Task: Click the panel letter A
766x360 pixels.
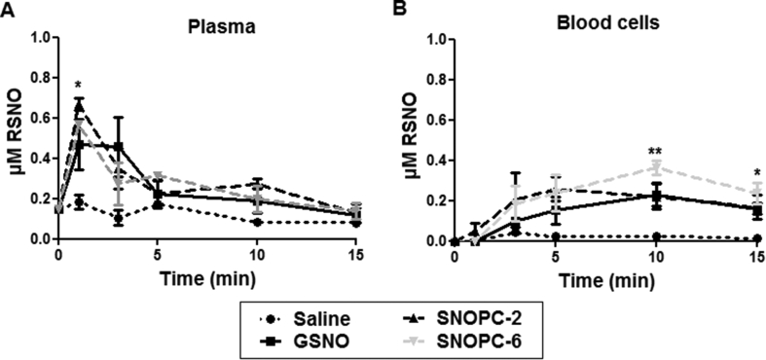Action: pos(8,9)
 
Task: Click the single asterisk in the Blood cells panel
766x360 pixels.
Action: pos(756,172)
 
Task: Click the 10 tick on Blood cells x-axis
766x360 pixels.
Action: pos(656,257)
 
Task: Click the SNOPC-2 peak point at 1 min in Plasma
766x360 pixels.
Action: pos(79,104)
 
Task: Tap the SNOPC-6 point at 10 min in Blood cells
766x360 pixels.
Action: pos(656,166)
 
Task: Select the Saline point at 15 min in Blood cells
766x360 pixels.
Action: pos(756,238)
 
